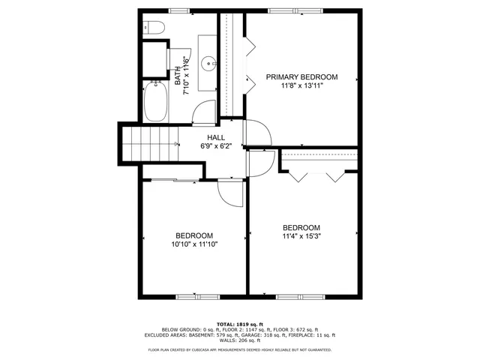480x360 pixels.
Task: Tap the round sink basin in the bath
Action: coord(207,62)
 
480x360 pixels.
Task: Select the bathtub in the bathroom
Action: coord(156,102)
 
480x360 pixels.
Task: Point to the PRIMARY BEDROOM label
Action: coord(301,77)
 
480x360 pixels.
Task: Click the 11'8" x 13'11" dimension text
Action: coord(301,87)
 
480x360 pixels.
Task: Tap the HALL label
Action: coord(216,137)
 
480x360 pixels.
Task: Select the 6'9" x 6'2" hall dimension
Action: coord(216,146)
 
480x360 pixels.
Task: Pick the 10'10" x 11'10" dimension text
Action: coord(194,243)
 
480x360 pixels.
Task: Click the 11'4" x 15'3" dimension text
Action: coord(301,236)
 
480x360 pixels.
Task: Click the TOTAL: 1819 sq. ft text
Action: coord(240,323)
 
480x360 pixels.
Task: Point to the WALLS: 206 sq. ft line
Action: coord(240,340)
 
